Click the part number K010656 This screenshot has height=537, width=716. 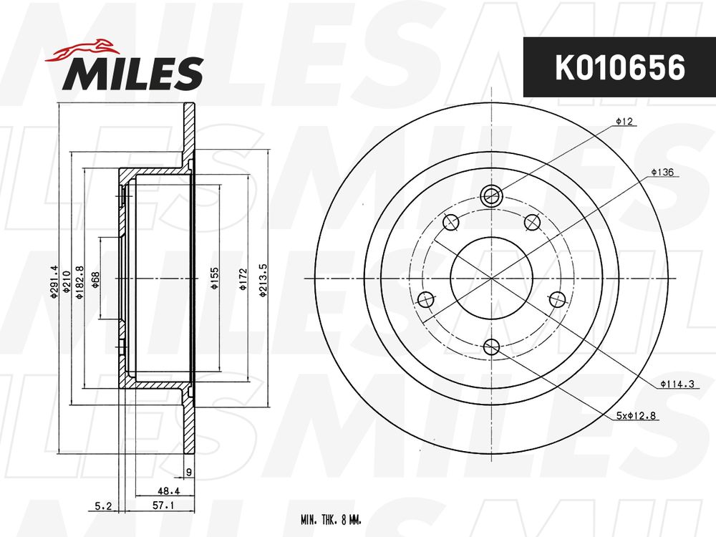coord(619,67)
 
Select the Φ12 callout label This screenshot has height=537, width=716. coord(624,122)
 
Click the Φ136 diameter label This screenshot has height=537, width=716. coord(662,173)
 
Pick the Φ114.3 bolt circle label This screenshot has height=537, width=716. coord(677,384)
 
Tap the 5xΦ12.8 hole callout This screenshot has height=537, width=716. coord(636,415)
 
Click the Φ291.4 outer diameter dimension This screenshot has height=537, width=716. coord(54,282)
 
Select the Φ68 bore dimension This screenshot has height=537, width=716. coord(95,280)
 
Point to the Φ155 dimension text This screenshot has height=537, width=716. coord(215,279)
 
